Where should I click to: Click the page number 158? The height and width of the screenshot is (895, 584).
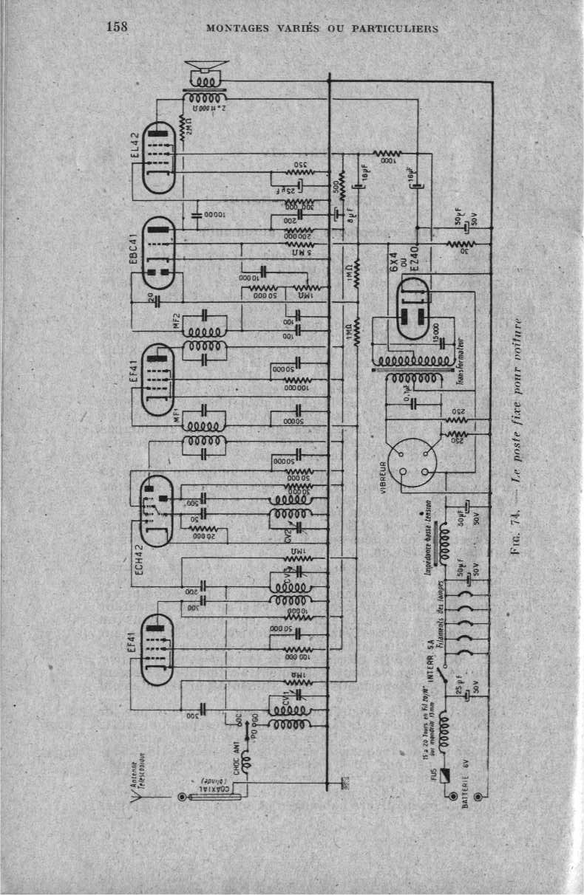pyautogui.click(x=118, y=27)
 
